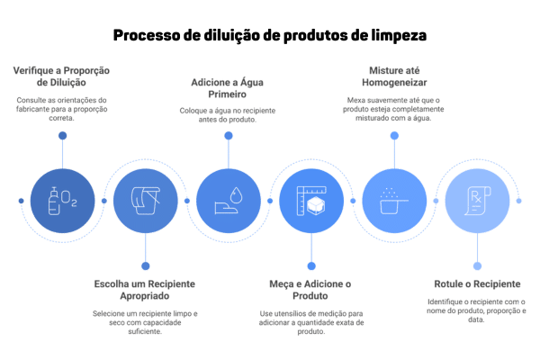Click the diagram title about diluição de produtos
pyautogui.click(x=270, y=35)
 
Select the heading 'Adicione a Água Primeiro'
pyautogui.click(x=228, y=86)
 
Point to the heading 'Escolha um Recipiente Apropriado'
pyautogui.click(x=145, y=289)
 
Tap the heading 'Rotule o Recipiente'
pyautogui.click(x=476, y=283)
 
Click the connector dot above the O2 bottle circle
pyautogui.click(x=62, y=135)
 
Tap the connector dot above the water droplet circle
pyautogui.click(x=228, y=135)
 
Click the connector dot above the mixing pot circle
pyautogui.click(x=393, y=135)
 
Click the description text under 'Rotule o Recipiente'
pyautogui.click(x=476, y=305)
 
